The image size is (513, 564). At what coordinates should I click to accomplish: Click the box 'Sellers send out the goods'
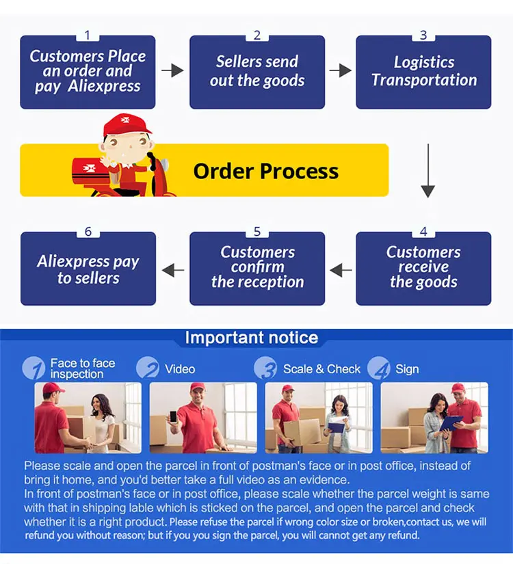[256, 72]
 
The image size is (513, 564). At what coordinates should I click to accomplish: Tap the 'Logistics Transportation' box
[423, 72]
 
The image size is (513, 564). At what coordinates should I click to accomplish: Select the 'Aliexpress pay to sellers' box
[88, 269]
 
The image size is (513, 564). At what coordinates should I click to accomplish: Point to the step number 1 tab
[88, 36]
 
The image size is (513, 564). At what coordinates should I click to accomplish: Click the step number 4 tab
[423, 232]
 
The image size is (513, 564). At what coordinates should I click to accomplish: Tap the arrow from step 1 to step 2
[172, 70]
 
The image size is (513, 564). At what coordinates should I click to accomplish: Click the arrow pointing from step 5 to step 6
[173, 270]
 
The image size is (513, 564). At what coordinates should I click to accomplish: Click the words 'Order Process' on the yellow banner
[265, 171]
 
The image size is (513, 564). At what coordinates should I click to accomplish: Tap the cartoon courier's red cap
[127, 124]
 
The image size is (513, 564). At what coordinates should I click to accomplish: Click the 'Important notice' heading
[252, 338]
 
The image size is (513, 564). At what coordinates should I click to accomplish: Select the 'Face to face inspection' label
[82, 368]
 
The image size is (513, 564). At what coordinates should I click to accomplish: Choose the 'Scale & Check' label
[321, 369]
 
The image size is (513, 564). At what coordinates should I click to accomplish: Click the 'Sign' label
[407, 369]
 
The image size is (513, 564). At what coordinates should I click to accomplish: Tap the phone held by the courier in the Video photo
[173, 416]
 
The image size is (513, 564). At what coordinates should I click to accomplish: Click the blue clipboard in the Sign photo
[451, 422]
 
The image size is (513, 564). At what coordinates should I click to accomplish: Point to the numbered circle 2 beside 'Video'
[148, 368]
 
